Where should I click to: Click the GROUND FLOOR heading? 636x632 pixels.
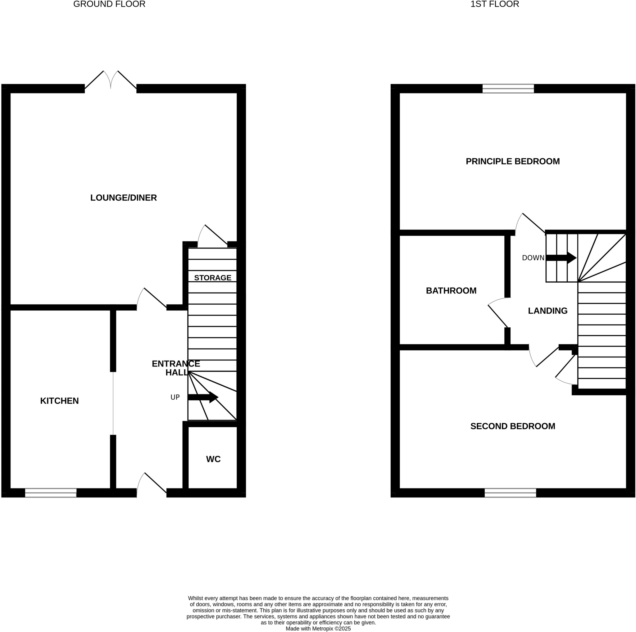pos(109,4)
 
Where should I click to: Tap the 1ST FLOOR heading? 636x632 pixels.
pos(494,4)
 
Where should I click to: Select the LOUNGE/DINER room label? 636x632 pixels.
pos(124,198)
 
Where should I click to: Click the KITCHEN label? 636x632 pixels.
pos(59,401)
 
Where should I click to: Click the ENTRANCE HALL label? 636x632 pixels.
pos(176,368)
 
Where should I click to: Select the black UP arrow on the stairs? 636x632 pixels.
pos(203,397)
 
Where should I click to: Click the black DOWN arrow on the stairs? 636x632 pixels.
pos(561,258)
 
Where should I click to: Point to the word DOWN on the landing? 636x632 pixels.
pos(533,258)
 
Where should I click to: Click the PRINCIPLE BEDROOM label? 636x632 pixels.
pos(512,161)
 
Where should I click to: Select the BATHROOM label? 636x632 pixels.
pos(451,291)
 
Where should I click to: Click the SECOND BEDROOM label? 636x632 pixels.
pos(512,426)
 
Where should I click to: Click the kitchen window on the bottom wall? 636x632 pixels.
pos(51,493)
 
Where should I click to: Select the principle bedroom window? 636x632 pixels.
pos(508,89)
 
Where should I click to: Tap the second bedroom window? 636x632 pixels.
pos(510,493)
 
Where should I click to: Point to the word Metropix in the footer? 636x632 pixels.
pos(323,628)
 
